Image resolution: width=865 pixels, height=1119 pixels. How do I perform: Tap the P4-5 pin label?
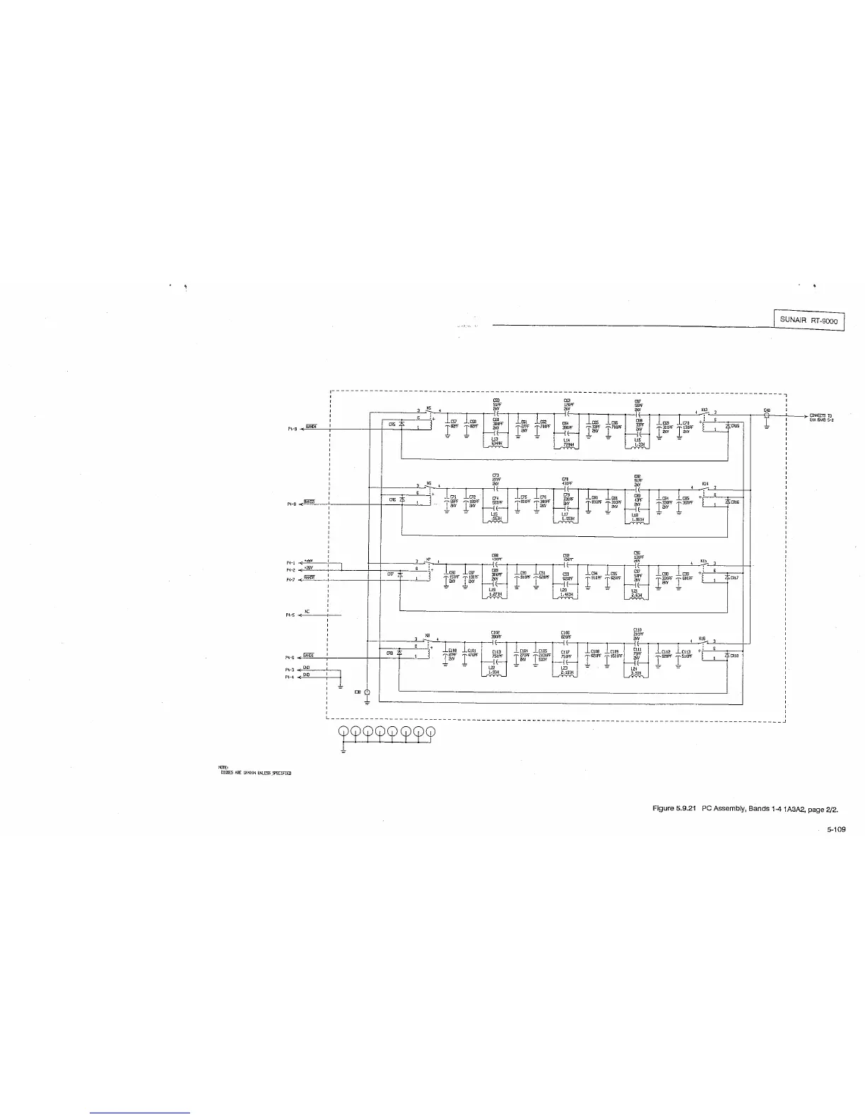pos(290,615)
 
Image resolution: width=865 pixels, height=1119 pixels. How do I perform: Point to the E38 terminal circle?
pos(367,692)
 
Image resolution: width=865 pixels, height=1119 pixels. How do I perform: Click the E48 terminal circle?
pos(767,416)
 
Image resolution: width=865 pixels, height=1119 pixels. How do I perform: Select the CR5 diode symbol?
pos(401,424)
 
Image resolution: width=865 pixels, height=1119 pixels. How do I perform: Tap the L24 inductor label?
pos(637,668)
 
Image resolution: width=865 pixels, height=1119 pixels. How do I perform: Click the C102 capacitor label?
pos(495,632)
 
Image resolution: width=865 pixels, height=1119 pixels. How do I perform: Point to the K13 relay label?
pos(704,409)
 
